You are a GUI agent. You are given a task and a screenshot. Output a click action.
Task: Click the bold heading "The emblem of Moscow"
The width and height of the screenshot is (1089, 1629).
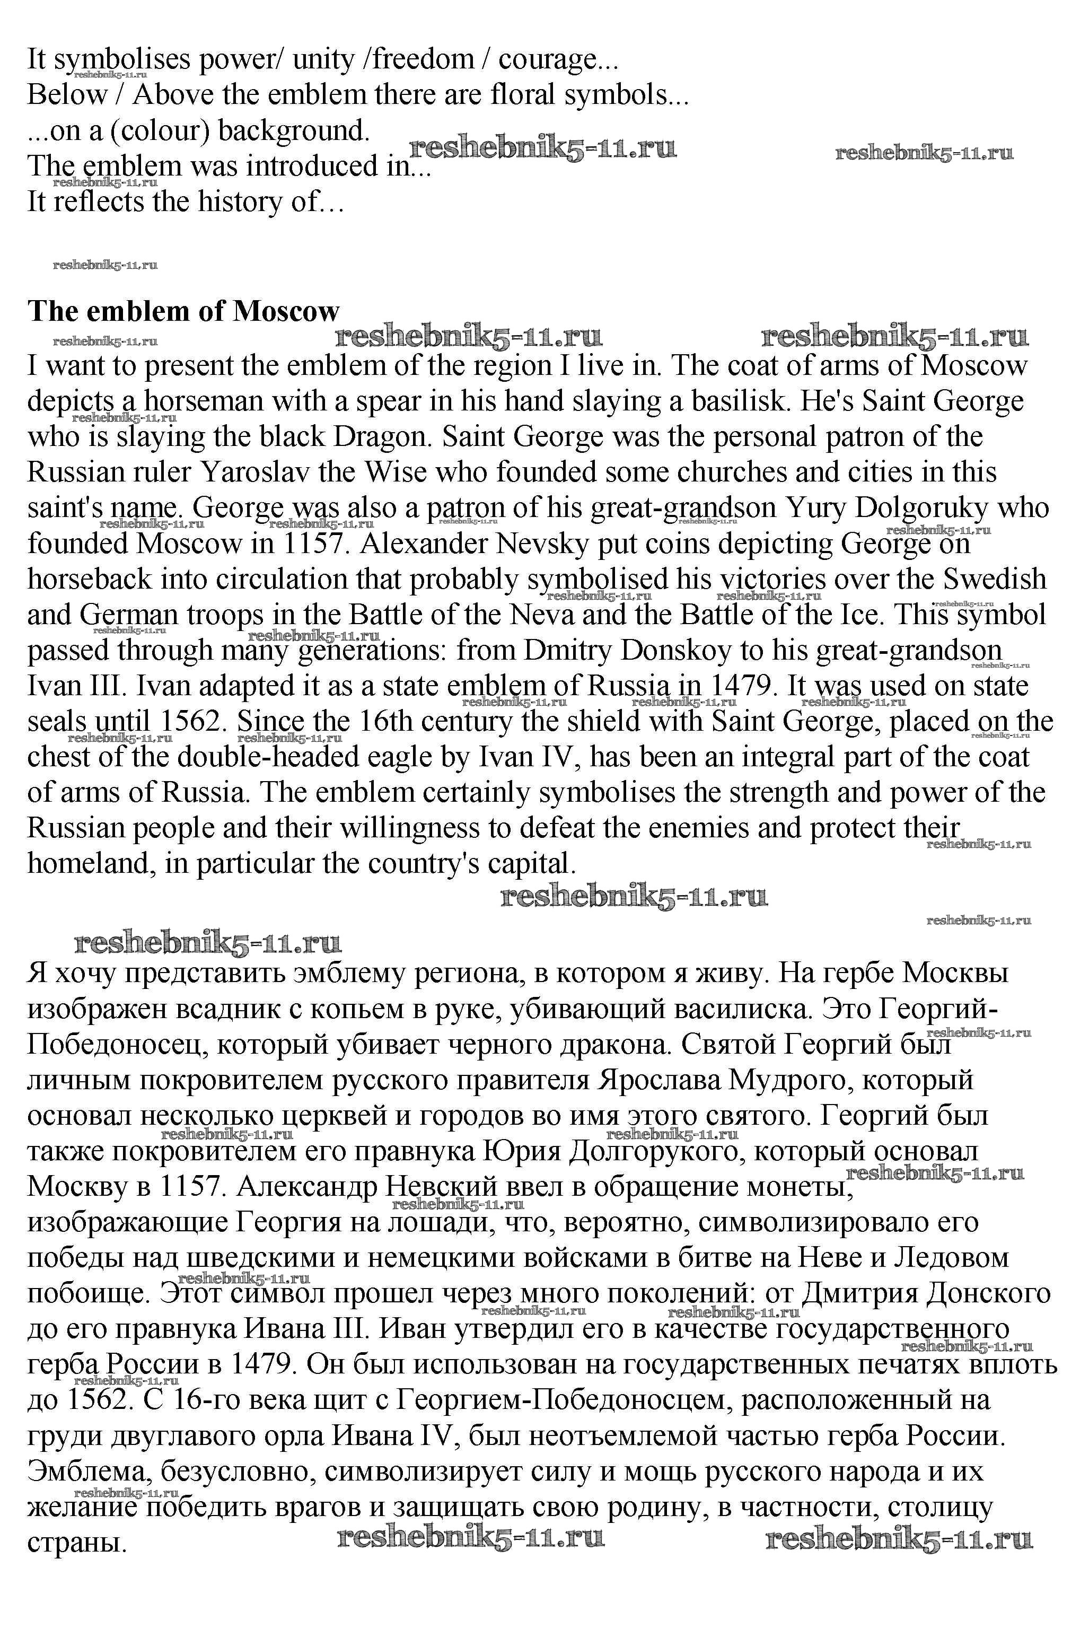183,311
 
